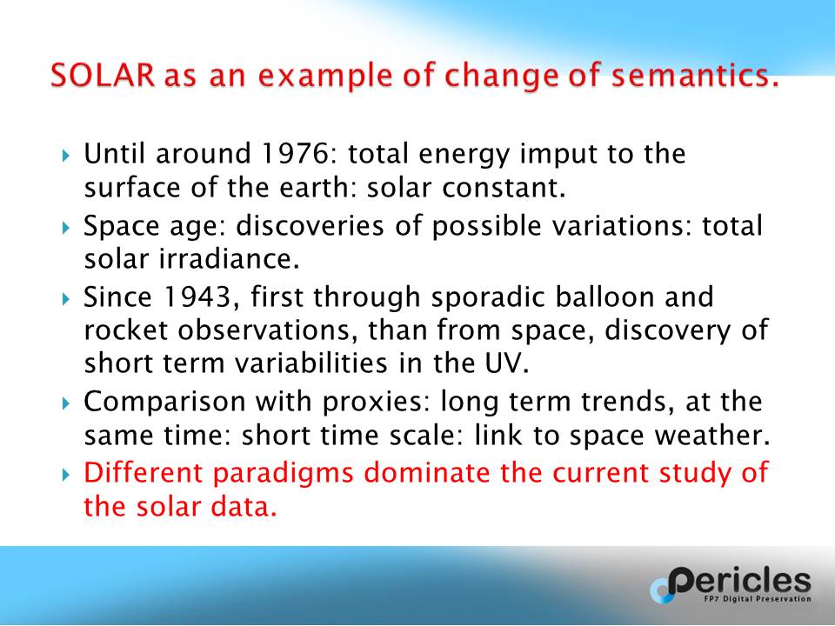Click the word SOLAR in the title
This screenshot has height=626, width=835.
coord(103,75)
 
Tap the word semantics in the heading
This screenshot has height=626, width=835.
coord(695,75)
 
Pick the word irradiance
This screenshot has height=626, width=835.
coord(229,258)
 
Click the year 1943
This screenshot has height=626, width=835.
coord(201,297)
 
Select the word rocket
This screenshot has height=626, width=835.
coord(125,330)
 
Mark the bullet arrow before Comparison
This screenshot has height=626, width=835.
coord(65,404)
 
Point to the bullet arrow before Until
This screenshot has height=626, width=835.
coord(65,156)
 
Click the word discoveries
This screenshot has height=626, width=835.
coord(310,226)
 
